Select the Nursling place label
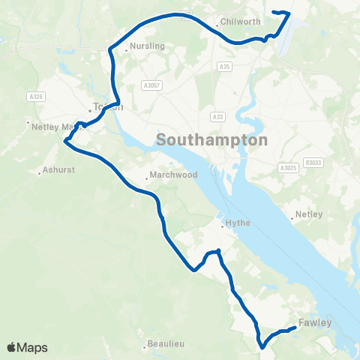[147, 46]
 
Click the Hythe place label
[238, 223]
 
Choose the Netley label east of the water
[309, 214]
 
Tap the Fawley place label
[314, 323]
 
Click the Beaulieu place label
[166, 346]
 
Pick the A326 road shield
[34, 97]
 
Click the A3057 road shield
[151, 85]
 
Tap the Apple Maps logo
[27, 347]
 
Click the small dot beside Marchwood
[147, 178]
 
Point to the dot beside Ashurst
[39, 172]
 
